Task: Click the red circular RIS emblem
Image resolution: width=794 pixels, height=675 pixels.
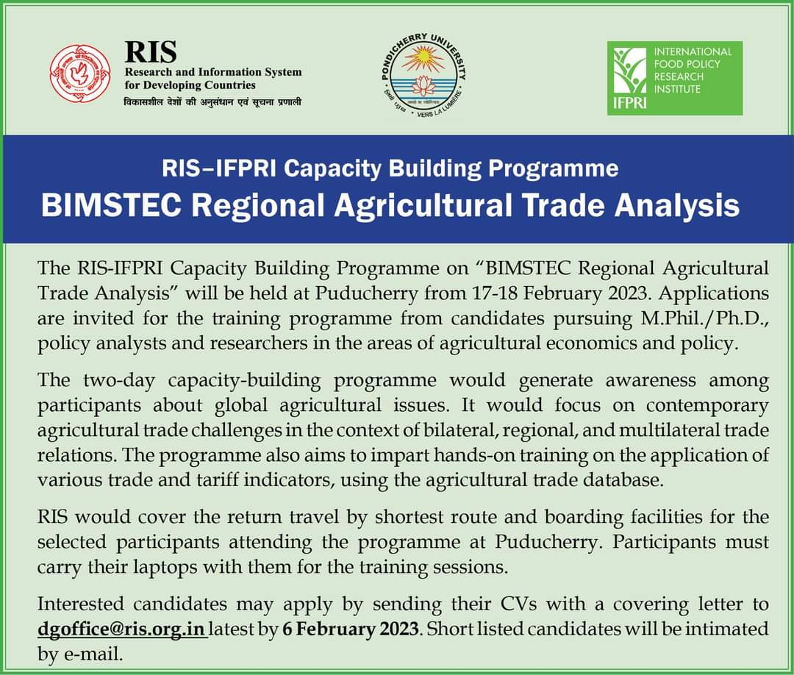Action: (x=74, y=74)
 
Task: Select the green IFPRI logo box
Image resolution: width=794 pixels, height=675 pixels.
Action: (x=674, y=78)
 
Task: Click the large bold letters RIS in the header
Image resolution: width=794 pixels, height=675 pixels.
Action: (x=151, y=52)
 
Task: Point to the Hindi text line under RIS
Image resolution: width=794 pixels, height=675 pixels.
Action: (x=212, y=101)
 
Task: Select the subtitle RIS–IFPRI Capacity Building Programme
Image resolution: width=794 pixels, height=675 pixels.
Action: (x=390, y=168)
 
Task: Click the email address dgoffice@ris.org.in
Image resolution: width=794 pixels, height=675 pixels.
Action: (x=122, y=629)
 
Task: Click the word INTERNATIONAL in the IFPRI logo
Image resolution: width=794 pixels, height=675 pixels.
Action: (x=693, y=51)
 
